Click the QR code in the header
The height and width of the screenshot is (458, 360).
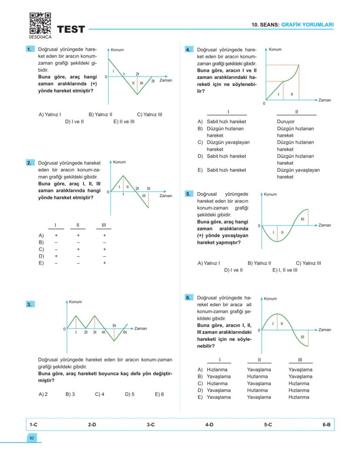pyautogui.click(x=40, y=23)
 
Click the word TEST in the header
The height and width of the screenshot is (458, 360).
pyautogui.click(x=71, y=30)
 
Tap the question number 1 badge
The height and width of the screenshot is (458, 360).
pyautogui.click(x=30, y=50)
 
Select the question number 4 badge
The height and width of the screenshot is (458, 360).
pyautogui.click(x=188, y=50)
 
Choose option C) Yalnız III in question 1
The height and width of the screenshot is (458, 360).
pyautogui.click(x=150, y=115)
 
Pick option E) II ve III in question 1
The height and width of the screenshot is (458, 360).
pyautogui.click(x=124, y=122)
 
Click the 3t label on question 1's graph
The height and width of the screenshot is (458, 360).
pyautogui.click(x=153, y=81)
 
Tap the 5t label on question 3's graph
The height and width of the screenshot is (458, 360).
pyautogui.click(x=114, y=325)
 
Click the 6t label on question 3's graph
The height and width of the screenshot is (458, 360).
pyautogui.click(x=125, y=332)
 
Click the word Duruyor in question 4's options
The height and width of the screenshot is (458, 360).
pyautogui.click(x=286, y=122)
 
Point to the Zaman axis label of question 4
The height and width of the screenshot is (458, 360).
pyautogui.click(x=324, y=100)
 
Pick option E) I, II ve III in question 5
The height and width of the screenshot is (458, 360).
pyautogui.click(x=285, y=270)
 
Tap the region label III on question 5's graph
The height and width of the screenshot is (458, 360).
pyautogui.click(x=302, y=219)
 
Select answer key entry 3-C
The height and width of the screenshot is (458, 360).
pyautogui.click(x=150, y=424)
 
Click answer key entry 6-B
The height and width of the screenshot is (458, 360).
pyautogui.click(x=327, y=424)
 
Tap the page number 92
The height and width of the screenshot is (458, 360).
pyautogui.click(x=32, y=438)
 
